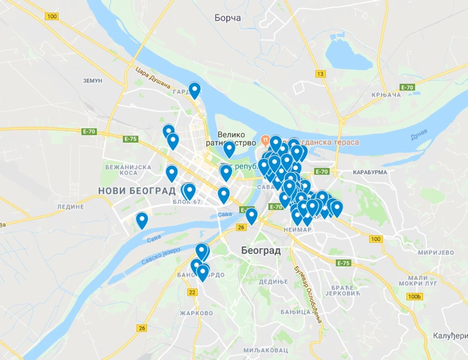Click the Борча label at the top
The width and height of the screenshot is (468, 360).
pos(228,18)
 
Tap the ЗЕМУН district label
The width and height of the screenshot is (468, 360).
pos(92,80)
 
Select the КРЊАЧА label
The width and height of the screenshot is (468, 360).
pos(386,95)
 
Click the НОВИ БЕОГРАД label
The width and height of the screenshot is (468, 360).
pos(137,191)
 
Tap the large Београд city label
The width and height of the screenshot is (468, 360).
pos(261,250)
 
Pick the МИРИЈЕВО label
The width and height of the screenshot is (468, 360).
pos(435,252)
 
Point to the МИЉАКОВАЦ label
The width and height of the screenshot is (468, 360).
pos(265,350)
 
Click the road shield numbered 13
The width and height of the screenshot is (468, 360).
pos(320,74)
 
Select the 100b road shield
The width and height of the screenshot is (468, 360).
pos(415,296)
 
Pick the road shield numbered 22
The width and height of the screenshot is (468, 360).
pos(192,292)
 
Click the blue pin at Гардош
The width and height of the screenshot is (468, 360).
pos(194,89)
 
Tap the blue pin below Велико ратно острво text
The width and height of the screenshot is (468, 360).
pos(229,149)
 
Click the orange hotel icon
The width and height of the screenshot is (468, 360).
pos(264,142)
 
